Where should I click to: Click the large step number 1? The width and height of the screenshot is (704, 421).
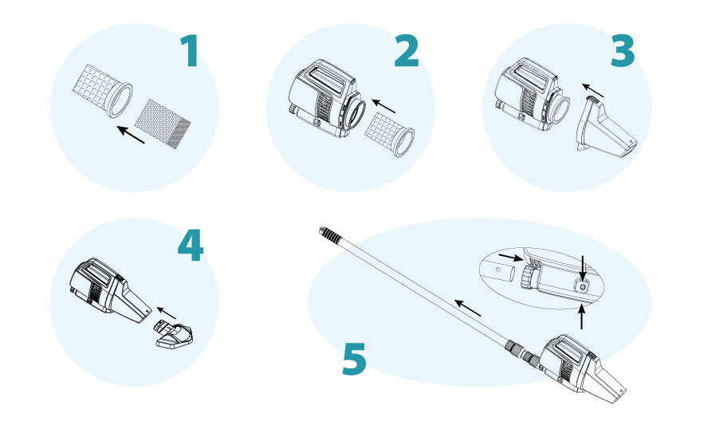[x=190, y=51]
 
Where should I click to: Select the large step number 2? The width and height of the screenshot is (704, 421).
[x=407, y=51]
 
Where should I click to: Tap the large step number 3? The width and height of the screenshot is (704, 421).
[x=623, y=51]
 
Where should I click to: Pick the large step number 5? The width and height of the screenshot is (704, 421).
[x=354, y=359]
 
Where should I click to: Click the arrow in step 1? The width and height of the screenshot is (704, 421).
[x=131, y=135]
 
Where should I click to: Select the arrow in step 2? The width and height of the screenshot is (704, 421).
[x=383, y=106]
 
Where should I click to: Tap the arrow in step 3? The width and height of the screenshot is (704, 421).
[x=592, y=90]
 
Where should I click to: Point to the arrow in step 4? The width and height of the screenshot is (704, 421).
[x=166, y=313]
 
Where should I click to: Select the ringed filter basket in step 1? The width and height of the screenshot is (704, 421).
[x=102, y=91]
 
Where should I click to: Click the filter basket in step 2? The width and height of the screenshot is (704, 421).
[x=389, y=133]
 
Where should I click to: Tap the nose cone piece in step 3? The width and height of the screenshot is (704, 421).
[x=606, y=127]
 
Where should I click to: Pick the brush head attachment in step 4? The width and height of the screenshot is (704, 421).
[x=174, y=334]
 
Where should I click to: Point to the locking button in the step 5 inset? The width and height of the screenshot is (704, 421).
[x=583, y=286]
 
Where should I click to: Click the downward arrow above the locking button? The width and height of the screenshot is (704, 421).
[x=582, y=267]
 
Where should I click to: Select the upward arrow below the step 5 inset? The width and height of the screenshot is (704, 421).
[x=582, y=317]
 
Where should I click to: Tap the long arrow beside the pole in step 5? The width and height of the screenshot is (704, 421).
[x=467, y=308]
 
